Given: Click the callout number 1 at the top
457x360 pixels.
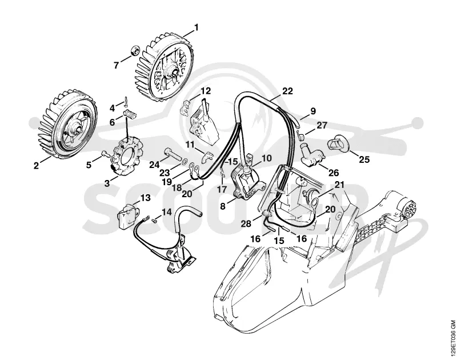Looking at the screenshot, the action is pyautogui.click(x=196, y=27).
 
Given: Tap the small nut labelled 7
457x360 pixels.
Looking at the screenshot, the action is pyautogui.click(x=135, y=50).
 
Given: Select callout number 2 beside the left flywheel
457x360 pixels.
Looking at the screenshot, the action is pyautogui.click(x=36, y=166).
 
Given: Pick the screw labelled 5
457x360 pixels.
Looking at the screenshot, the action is pyautogui.click(x=105, y=154).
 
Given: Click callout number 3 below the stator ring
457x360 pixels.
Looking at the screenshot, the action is pyautogui.click(x=107, y=183).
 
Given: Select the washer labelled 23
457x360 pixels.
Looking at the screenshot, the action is pyautogui.click(x=184, y=162).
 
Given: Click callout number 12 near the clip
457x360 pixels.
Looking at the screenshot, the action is pyautogui.click(x=205, y=91).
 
